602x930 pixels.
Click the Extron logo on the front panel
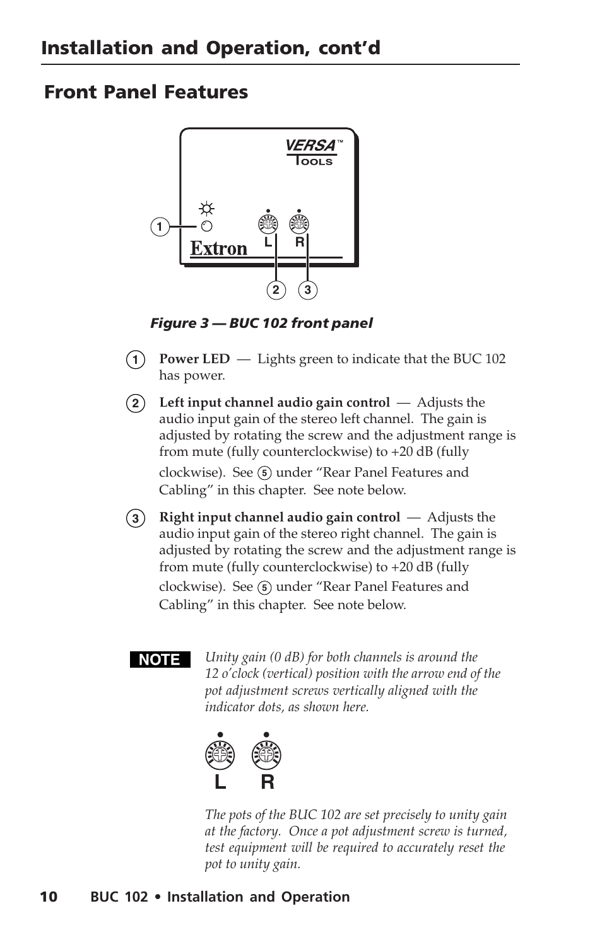219,248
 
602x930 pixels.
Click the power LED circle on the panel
206,226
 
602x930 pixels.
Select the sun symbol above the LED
206,209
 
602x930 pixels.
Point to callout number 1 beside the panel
160,226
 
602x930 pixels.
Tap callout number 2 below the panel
276,290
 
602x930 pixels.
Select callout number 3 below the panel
307,290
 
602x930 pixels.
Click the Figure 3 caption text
261,323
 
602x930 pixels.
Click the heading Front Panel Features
146,92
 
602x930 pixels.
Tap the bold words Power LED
194,359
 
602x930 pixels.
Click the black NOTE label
160,660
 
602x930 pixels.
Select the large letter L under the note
220,782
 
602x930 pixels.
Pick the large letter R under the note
268,782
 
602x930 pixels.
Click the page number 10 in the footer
49,897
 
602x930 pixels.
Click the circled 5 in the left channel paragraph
265,474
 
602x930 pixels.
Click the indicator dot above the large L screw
220,735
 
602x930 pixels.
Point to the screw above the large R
266,755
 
